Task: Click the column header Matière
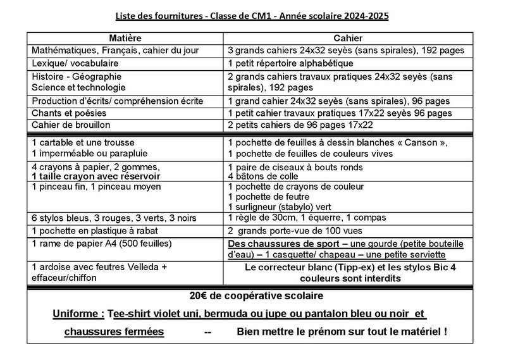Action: (x=125, y=38)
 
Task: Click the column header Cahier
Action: (x=349, y=38)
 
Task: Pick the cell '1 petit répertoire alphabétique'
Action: (x=299, y=63)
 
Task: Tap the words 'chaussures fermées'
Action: (x=115, y=332)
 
